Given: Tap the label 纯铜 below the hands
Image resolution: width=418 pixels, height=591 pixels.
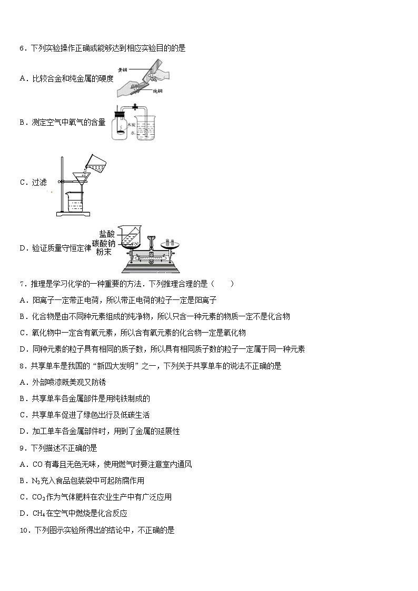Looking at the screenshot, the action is coord(157,91).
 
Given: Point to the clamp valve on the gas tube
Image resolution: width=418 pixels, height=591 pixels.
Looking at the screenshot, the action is coord(135,107).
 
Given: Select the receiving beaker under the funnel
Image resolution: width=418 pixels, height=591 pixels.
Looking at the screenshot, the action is coord(74,202).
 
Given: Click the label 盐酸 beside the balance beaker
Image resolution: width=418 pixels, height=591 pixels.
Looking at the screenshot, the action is coord(106,234).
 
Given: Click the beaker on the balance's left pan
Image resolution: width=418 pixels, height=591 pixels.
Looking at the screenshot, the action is coord(128,237).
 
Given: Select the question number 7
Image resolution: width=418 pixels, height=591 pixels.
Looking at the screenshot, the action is coord(22,284).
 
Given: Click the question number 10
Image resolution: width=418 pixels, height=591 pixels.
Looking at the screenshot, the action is coord(24,530).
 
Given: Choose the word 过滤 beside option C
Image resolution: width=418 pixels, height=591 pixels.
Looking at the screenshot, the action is coord(39,183).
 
